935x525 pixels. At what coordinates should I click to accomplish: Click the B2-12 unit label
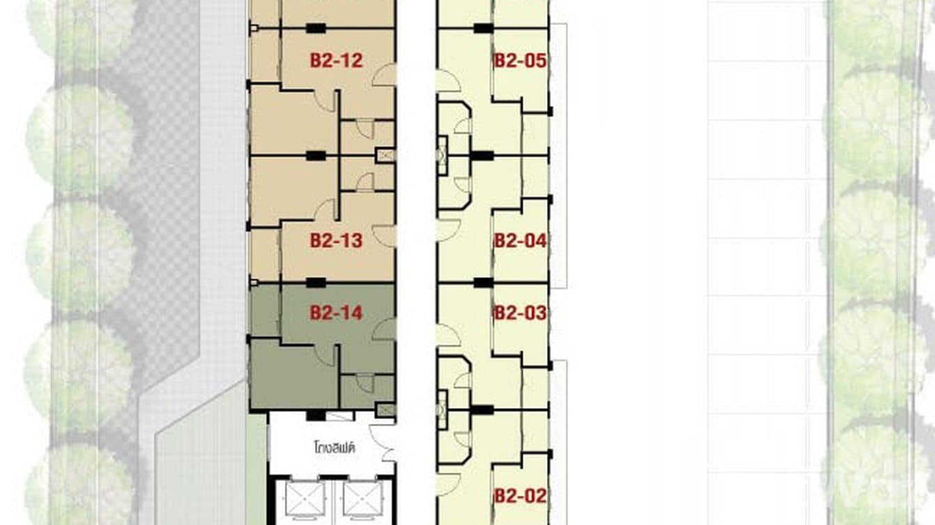(337, 61)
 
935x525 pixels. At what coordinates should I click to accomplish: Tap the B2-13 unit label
(337, 241)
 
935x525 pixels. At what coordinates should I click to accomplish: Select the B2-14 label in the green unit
(337, 313)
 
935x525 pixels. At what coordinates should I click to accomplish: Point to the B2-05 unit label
(520, 61)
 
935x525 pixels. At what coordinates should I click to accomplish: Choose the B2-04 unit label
(520, 241)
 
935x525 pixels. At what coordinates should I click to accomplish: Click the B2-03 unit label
(520, 313)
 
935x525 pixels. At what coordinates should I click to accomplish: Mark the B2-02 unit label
(520, 496)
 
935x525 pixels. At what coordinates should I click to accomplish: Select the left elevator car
(304, 499)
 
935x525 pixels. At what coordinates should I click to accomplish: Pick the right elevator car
(362, 499)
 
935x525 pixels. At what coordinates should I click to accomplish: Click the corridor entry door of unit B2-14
(385, 329)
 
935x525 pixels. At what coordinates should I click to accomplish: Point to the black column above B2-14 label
(316, 282)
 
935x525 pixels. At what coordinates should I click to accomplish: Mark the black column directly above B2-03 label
(482, 282)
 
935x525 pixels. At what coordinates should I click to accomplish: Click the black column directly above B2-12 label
(316, 28)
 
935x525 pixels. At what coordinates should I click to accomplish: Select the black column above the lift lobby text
(316, 415)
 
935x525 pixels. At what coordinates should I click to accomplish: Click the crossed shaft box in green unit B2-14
(385, 410)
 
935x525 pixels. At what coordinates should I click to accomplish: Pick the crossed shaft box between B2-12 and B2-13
(385, 156)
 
